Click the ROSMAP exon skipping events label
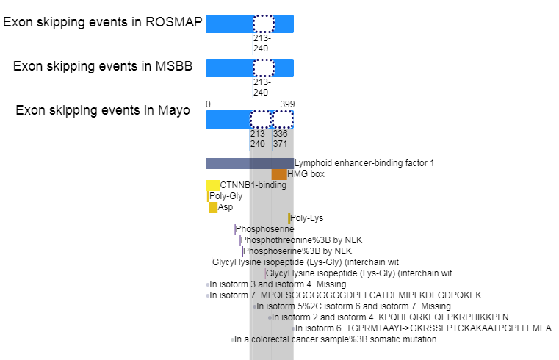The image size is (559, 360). (103, 22)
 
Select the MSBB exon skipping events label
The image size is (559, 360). (103, 66)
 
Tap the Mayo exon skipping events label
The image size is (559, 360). (103, 110)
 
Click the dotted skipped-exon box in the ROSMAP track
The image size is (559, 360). (264, 24)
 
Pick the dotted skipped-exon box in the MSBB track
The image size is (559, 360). (264, 68)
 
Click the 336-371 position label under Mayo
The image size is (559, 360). (281, 139)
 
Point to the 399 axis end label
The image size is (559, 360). (287, 104)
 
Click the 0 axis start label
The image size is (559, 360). (208, 104)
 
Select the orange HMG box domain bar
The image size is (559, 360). (279, 174)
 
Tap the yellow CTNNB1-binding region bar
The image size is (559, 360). (212, 185)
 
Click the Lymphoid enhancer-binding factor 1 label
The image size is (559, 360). (364, 163)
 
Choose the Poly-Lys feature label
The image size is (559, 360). (306, 218)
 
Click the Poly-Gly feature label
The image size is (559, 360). (226, 196)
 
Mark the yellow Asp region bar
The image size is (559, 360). (213, 207)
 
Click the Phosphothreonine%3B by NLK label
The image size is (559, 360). (302, 240)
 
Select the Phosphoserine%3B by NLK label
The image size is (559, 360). (297, 251)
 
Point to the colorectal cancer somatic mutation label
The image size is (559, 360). (336, 339)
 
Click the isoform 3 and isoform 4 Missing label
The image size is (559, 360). (278, 284)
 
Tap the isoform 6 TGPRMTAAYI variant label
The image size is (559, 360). (423, 328)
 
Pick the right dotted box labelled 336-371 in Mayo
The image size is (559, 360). (283, 120)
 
